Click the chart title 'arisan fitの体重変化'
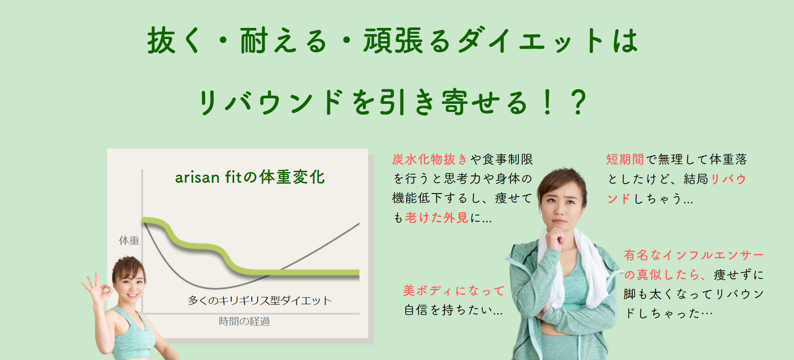[x=250, y=177]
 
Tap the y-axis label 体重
[x=129, y=240]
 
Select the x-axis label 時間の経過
[x=244, y=321]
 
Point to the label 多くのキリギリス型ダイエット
[x=260, y=300]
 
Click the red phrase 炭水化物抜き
[x=430, y=159]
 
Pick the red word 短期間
[x=625, y=159]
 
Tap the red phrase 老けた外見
[x=436, y=218]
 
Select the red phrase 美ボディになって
[x=454, y=290]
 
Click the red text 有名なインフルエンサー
[x=694, y=255]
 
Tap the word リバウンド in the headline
[x=271, y=102]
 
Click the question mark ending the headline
[x=579, y=102]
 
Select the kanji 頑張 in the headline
[x=393, y=41]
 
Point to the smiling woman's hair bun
[x=128, y=260]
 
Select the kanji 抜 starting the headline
[x=162, y=41]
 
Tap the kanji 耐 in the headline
[x=254, y=41]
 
